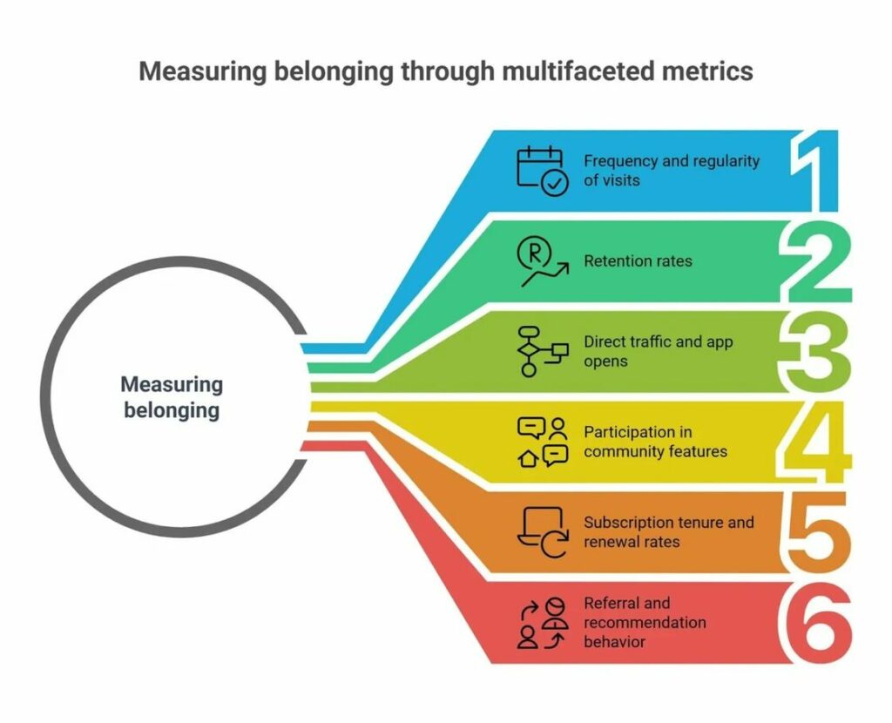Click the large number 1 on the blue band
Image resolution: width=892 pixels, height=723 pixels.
pos(817,171)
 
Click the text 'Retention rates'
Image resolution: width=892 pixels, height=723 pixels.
pos(638,260)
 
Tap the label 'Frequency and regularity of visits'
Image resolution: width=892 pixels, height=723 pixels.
pos(671,171)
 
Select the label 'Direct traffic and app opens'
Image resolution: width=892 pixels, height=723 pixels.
pos(658,351)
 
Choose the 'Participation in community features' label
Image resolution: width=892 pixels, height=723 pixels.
pos(655,442)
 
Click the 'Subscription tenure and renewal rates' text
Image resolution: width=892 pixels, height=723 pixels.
pos(668,532)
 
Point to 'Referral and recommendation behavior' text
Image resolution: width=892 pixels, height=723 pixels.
pos(645,622)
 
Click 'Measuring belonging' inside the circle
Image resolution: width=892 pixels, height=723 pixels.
pos(172,397)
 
